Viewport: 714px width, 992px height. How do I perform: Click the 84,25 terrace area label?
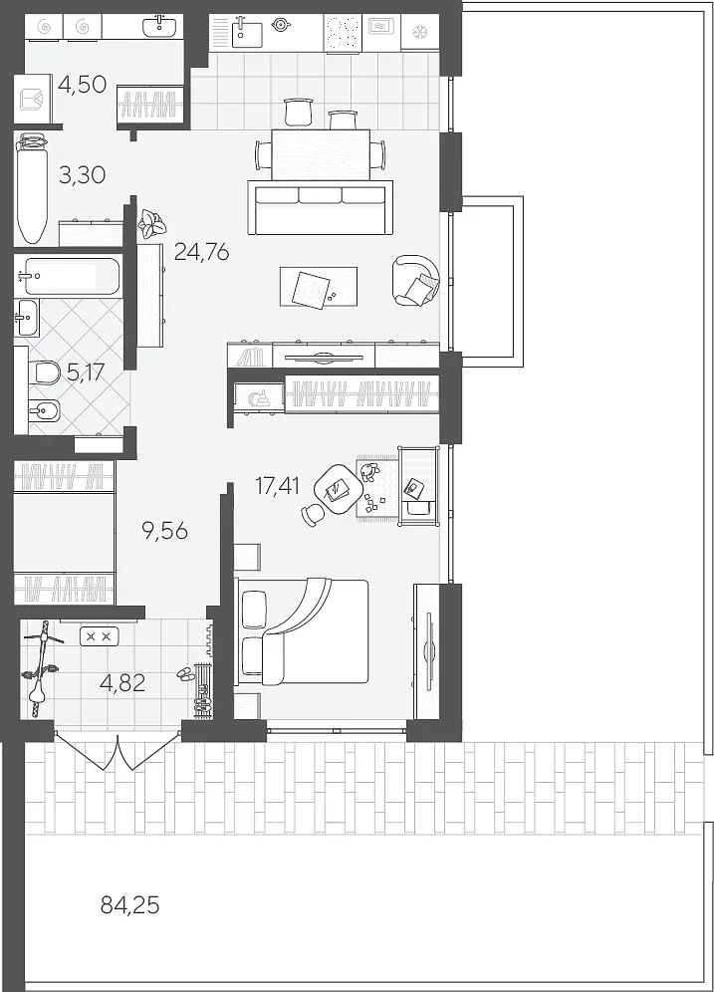click(129, 906)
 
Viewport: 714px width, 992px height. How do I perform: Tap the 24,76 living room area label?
click(201, 252)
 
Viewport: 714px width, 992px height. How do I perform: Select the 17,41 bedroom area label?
click(278, 486)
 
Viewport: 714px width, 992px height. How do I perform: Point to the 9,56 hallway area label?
click(165, 530)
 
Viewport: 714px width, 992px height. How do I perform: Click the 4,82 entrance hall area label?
click(123, 682)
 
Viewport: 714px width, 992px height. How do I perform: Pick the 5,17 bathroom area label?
click(86, 372)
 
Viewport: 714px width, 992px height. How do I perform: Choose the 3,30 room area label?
click(83, 174)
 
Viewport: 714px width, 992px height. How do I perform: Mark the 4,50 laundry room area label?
click(82, 84)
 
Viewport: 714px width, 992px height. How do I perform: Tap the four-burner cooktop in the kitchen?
click(343, 33)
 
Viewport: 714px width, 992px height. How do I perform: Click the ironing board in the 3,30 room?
click(31, 188)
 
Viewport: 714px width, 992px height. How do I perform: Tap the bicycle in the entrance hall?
click(40, 668)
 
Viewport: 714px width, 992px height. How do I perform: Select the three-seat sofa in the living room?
click(320, 207)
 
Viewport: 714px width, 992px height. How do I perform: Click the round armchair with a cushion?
click(415, 280)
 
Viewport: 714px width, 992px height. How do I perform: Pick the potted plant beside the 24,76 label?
click(151, 224)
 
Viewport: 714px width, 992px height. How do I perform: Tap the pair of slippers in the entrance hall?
click(185, 673)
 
